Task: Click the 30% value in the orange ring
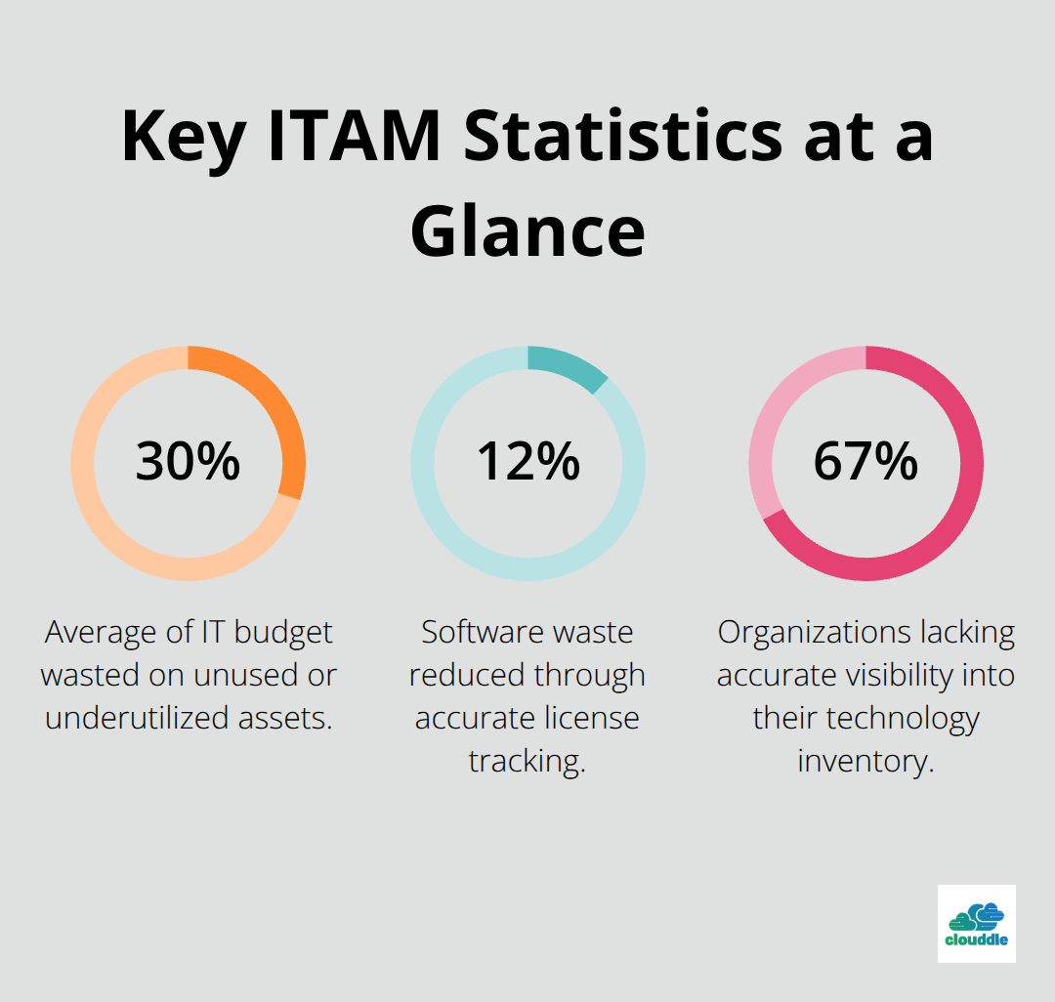[x=188, y=462]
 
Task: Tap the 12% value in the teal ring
[x=527, y=462]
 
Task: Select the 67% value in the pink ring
[x=865, y=462]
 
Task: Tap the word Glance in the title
[x=527, y=231]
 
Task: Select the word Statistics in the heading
[x=623, y=137]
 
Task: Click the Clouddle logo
[x=976, y=923]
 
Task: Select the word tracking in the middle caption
[x=527, y=761]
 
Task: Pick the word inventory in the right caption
[x=865, y=761]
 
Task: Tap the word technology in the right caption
[x=898, y=718]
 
